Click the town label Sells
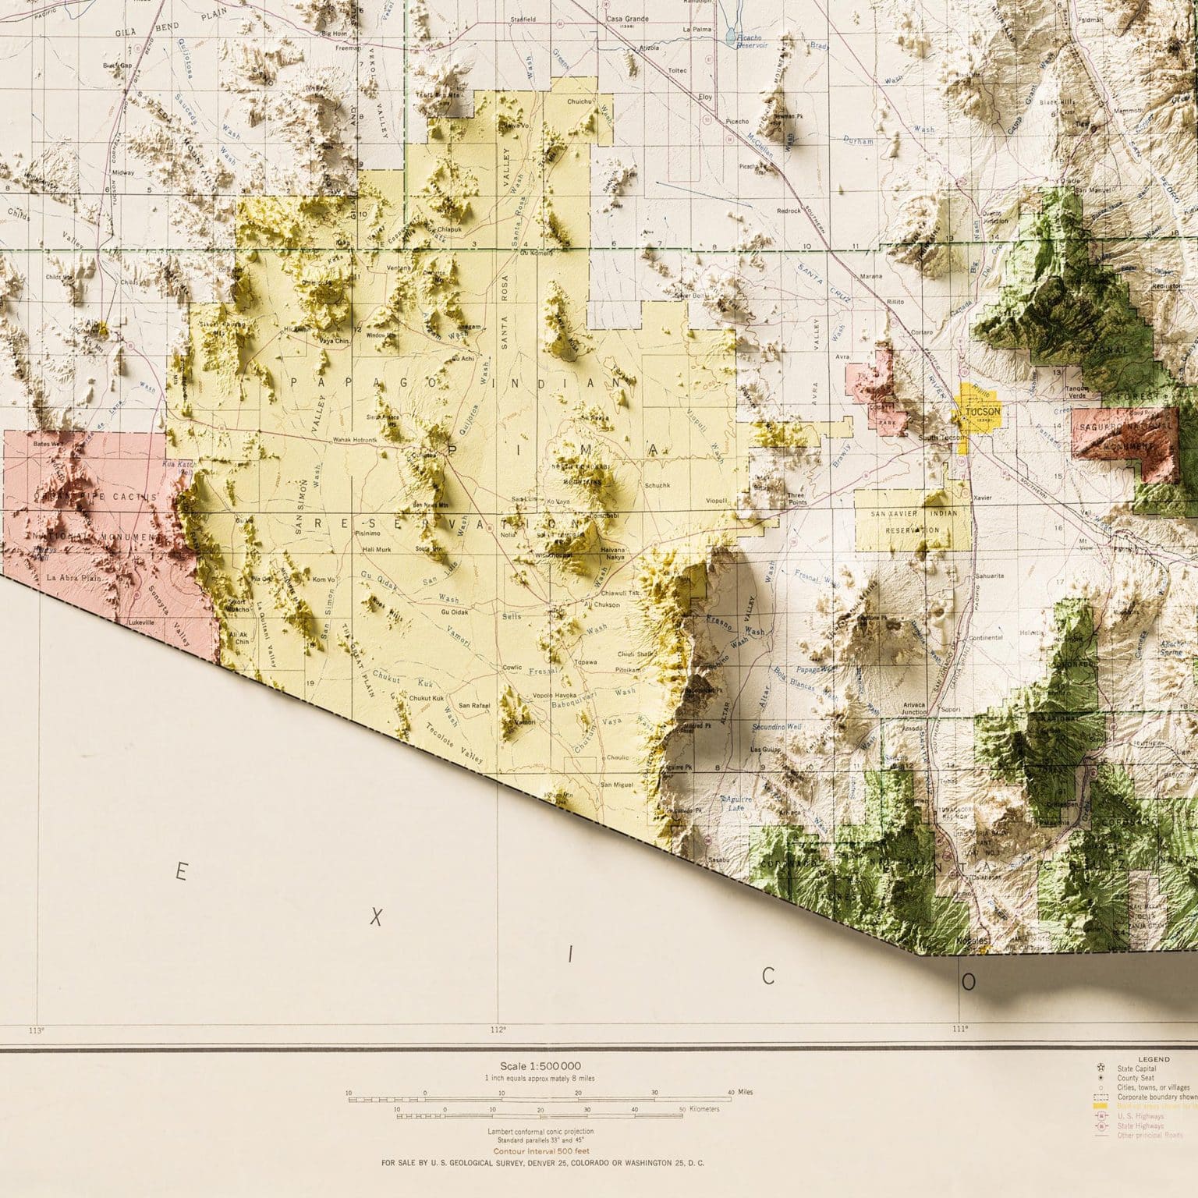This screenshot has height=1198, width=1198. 512,616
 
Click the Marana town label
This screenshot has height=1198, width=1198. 871,276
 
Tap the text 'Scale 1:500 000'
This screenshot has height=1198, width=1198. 540,1065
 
